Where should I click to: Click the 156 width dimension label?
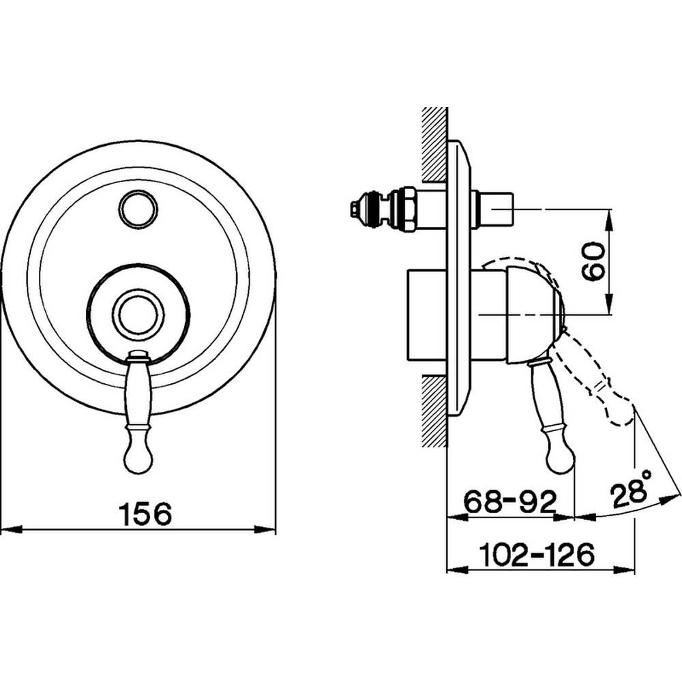(145, 513)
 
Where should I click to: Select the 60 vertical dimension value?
(593, 261)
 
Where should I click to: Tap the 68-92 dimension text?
(510, 501)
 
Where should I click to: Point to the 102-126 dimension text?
(536, 554)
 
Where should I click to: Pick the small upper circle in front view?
(138, 208)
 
